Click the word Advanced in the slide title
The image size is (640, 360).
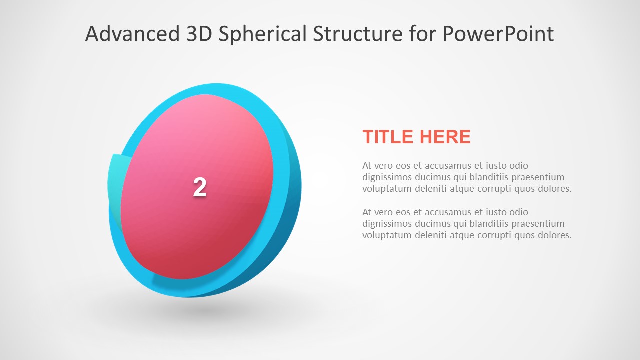pos(132,34)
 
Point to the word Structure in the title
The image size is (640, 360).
pos(357,34)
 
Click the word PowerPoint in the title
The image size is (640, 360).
pos(498,34)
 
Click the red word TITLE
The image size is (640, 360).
pos(388,137)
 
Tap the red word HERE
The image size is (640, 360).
pos(445,137)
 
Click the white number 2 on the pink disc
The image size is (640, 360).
pos(200,187)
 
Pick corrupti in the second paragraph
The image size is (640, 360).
pos(503,235)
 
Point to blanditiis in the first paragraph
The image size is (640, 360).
pos(480,177)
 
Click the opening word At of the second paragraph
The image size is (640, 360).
pos(367,212)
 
